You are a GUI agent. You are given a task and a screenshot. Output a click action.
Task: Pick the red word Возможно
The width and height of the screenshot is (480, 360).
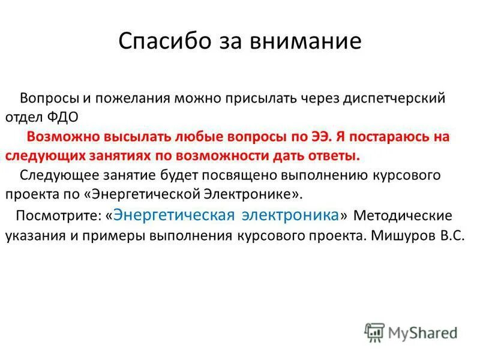[58, 136]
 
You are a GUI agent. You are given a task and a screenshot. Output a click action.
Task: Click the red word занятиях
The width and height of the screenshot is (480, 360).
[118, 155]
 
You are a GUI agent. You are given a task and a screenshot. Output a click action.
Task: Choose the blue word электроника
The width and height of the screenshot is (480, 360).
[290, 214]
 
